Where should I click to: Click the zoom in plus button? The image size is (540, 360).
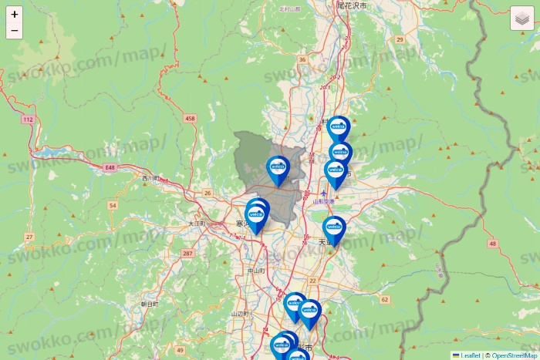[15, 15]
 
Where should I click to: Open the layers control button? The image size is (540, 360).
[522, 19]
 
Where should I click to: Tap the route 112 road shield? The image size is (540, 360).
[29, 119]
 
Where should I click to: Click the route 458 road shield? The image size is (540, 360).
[191, 118]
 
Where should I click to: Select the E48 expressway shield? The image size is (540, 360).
[110, 167]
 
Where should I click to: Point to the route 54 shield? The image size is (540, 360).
[113, 205]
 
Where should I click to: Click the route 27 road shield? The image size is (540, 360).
[29, 236]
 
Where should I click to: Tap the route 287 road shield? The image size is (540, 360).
[187, 253]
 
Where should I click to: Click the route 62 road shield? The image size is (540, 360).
[385, 298]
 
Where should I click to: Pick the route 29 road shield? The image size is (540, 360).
[400, 39]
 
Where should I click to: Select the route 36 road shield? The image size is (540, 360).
[302, 59]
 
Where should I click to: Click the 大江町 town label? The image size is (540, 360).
[197, 224]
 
